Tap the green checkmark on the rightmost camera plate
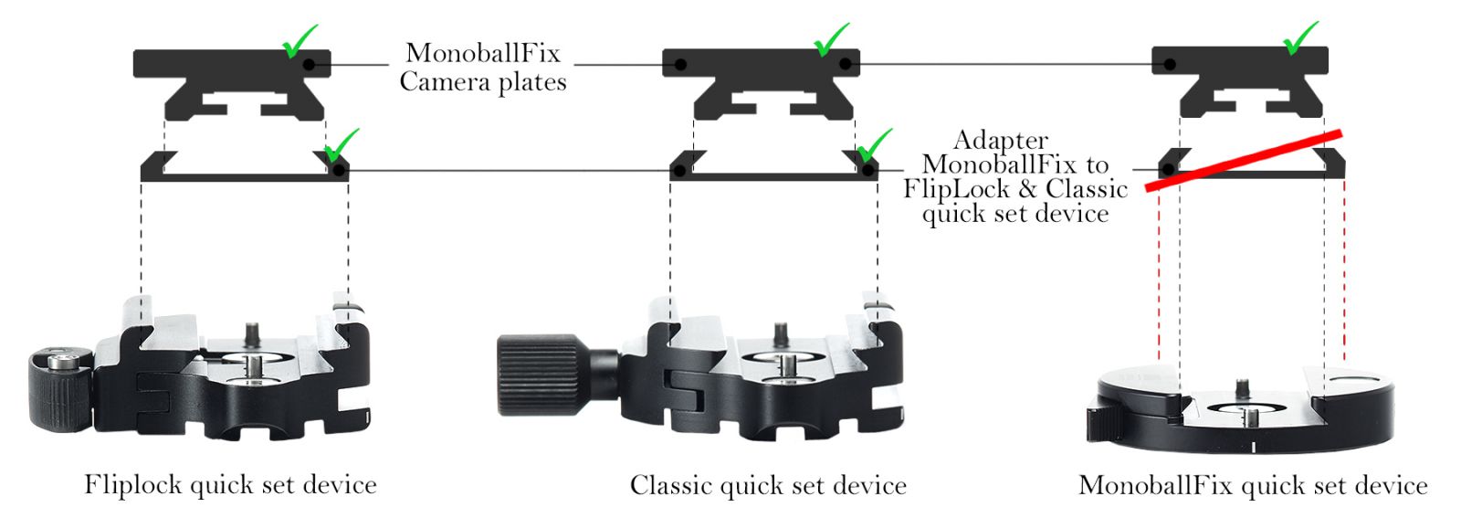(x=1300, y=38)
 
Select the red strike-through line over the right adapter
(x=1244, y=161)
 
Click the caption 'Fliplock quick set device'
(x=231, y=485)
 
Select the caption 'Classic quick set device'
(x=768, y=485)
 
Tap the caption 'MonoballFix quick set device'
(x=1253, y=485)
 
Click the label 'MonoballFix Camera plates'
(x=483, y=68)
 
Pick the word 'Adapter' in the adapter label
(x=1001, y=141)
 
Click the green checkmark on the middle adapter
(x=873, y=145)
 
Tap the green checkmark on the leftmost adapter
(x=342, y=145)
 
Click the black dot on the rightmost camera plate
(x=1170, y=65)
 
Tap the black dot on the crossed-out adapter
(x=1169, y=170)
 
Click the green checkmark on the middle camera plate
(x=832, y=40)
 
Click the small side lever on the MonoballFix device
(x=1101, y=423)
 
